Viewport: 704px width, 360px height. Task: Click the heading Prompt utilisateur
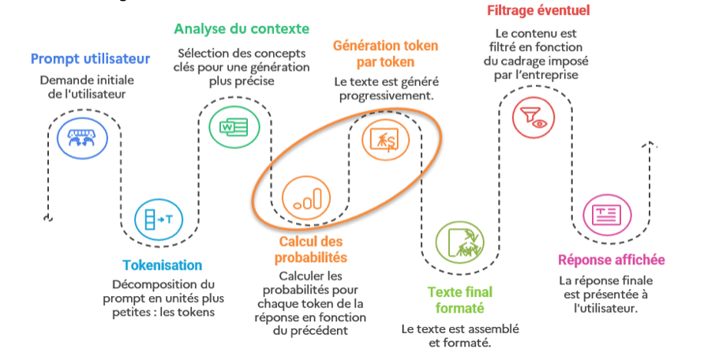(90, 58)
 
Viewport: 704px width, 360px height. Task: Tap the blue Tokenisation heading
(163, 265)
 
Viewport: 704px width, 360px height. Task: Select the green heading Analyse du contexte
(242, 29)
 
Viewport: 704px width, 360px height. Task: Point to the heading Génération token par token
(385, 54)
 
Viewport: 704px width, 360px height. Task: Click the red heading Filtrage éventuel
(538, 11)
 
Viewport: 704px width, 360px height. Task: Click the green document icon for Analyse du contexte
(228, 126)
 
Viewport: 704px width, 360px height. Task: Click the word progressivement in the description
(385, 96)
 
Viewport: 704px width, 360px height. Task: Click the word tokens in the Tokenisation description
(197, 312)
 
